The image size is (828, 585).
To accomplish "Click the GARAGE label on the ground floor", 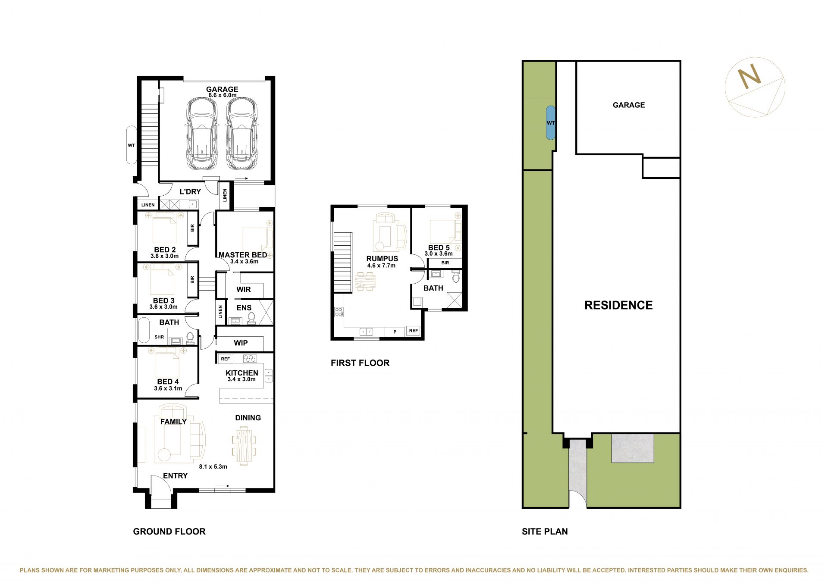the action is pos(222,89).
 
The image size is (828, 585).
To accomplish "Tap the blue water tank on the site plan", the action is pos(551,123).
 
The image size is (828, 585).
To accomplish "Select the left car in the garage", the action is pos(201,134).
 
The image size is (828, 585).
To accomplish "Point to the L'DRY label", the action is pos(190,191).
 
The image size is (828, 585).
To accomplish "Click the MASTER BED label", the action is pos(243,255).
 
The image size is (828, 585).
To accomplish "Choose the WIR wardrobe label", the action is pos(244,289).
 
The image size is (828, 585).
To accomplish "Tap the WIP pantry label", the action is pos(241,343).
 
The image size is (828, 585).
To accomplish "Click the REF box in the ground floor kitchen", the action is pos(225,359).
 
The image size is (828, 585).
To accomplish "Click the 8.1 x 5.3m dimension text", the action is pos(213,466).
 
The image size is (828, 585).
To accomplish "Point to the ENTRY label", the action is pos(175,476).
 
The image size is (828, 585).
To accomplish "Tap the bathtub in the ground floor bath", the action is pos(143,331).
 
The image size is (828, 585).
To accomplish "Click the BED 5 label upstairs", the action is pos(439,247).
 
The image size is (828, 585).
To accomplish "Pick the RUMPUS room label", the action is pos(382,259).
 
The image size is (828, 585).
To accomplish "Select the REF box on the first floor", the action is pos(413,331).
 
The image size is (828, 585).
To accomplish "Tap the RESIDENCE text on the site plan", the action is pos(618,305).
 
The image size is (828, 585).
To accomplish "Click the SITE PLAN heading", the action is pos(545,532).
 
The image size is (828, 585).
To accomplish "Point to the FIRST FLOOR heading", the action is pos(360,363).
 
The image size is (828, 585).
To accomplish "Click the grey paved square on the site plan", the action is pos(633,448).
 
